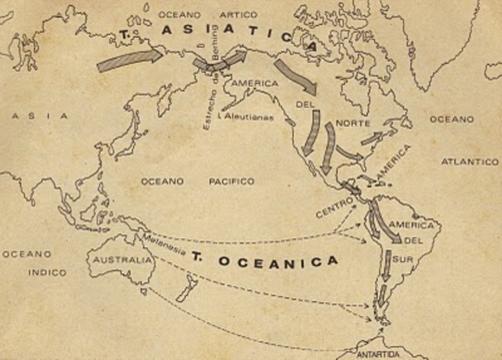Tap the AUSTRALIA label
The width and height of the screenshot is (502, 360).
120,260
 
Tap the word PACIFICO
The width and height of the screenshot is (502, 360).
231,181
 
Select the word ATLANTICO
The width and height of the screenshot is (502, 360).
469,161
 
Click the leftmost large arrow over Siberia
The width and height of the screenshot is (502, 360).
129,60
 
